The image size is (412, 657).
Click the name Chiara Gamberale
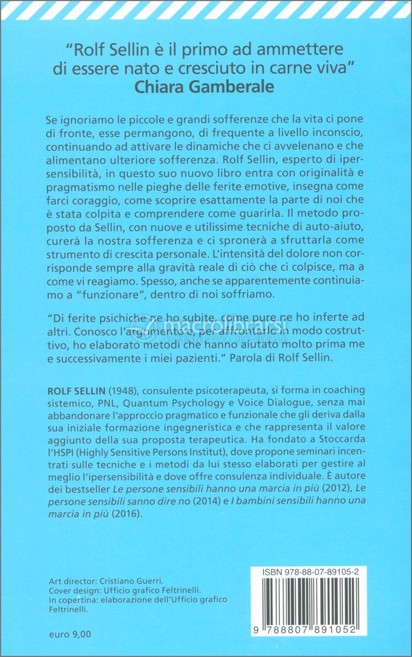(205, 87)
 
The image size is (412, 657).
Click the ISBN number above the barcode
(313, 573)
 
